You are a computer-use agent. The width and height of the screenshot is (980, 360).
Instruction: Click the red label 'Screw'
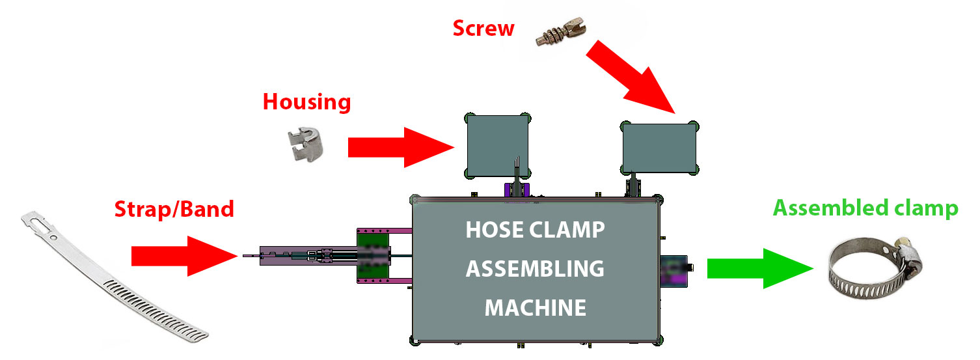click(483, 29)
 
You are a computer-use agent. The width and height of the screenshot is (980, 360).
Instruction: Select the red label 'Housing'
click(306, 102)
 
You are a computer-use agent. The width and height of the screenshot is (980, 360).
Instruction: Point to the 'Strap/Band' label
click(174, 209)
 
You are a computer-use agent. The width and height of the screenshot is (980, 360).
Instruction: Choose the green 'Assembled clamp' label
click(865, 208)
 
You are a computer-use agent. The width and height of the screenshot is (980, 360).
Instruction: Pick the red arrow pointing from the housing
click(400, 147)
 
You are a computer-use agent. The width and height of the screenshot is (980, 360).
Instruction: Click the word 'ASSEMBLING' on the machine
click(535, 268)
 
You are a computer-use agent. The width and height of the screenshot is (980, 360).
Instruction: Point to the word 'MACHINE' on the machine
click(535, 307)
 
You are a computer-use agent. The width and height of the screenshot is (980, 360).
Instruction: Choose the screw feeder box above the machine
click(660, 147)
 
